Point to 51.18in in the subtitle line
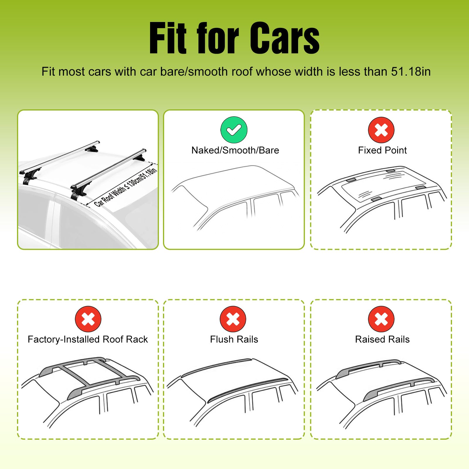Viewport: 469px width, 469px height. [411, 72]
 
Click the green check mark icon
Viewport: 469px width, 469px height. [234, 130]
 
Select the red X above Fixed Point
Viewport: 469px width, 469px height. [381, 130]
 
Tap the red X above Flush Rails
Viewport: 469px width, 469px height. [233, 319]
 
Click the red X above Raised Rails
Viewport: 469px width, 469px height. [381, 319]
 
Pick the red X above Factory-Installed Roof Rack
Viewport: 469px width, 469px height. [88, 319]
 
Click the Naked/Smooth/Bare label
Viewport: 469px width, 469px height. [235, 150]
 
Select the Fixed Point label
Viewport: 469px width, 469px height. [382, 150]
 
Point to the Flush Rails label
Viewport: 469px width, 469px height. [234, 339]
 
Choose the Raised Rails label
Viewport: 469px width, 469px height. [382, 339]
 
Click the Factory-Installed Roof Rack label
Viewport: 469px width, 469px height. [88, 339]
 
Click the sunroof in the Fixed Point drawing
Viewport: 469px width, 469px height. [378, 185]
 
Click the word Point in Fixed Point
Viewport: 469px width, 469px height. [395, 150]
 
